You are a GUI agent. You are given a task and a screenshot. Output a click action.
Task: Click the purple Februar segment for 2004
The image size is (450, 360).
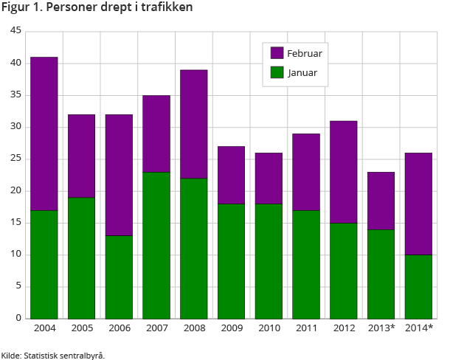[x=44, y=134]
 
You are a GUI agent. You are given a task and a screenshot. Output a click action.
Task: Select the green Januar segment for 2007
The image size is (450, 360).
[x=156, y=245]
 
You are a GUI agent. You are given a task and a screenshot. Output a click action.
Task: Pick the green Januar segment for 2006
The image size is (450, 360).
[x=119, y=277]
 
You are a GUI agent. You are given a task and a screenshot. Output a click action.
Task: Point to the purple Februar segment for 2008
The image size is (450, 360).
[x=194, y=124]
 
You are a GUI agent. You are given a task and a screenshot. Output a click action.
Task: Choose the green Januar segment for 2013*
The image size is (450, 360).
[x=381, y=274]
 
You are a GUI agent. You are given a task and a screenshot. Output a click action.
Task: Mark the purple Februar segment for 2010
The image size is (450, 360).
[x=269, y=178]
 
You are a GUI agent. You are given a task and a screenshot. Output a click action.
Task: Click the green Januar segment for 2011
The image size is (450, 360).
[x=306, y=264]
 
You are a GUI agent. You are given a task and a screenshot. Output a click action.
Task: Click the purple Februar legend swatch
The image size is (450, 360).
[x=277, y=53]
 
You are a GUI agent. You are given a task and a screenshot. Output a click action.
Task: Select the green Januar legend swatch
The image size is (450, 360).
[x=277, y=72]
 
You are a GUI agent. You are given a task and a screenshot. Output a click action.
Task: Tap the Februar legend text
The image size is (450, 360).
[x=305, y=53]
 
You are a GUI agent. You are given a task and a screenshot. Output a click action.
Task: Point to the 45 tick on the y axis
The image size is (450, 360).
[x=17, y=32]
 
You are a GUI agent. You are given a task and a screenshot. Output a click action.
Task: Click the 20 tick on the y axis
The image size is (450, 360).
[x=17, y=191]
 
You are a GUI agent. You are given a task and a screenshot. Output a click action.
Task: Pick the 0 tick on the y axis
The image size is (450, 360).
[x=19, y=319]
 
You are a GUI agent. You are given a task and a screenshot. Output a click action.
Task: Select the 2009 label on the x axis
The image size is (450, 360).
[x=232, y=328]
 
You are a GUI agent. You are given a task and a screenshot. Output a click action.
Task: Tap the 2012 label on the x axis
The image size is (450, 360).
[x=344, y=328]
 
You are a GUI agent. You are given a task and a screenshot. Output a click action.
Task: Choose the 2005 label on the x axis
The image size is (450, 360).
[x=81, y=328]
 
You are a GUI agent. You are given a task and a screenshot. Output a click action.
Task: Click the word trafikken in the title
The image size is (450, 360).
[x=167, y=8]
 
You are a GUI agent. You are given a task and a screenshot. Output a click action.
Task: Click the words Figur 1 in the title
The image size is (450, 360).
[x=21, y=8]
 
